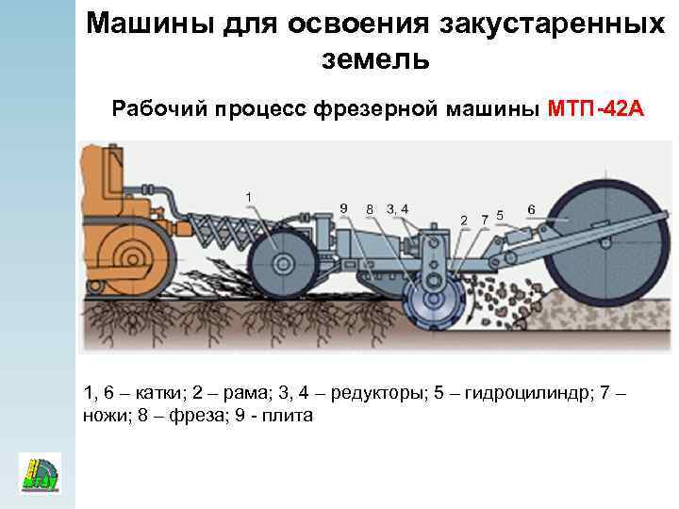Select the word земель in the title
(375, 58)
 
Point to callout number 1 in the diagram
(248, 195)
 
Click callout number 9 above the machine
(343, 207)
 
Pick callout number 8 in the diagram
(370, 208)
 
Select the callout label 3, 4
(397, 207)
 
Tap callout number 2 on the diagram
(463, 220)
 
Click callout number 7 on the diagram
(484, 219)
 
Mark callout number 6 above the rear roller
(532, 208)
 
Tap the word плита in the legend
(289, 416)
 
